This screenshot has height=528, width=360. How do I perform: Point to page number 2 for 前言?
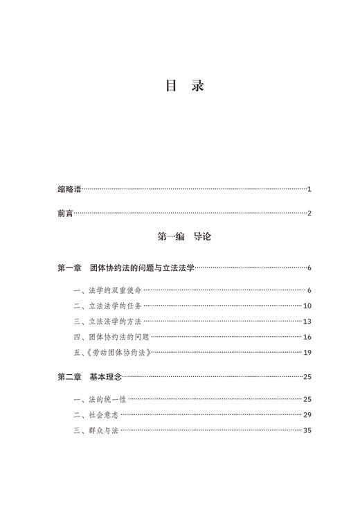[309, 213]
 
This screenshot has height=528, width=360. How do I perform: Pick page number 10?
[307, 306]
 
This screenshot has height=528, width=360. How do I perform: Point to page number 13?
[307, 322]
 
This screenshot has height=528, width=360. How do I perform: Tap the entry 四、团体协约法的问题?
[111, 337]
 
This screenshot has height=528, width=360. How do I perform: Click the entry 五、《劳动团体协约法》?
[111, 353]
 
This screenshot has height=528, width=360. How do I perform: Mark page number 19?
[307, 353]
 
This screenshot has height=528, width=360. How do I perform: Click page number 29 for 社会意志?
[307, 415]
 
